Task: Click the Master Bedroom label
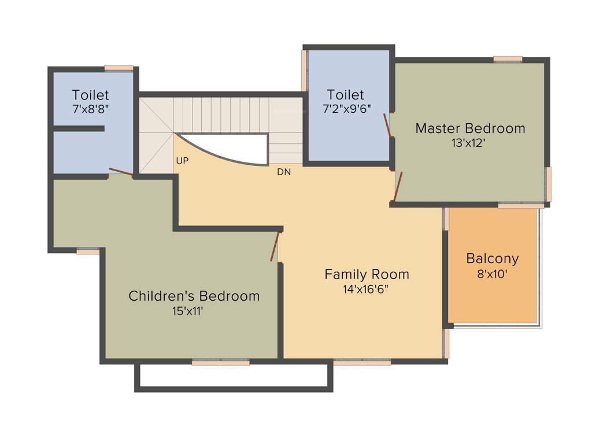(470, 128)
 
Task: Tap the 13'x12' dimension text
(468, 143)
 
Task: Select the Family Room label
(367, 274)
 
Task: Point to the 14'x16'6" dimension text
(365, 289)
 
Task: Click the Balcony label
(493, 258)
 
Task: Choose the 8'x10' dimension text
(492, 274)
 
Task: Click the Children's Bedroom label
(194, 296)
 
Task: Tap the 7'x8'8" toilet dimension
(91, 108)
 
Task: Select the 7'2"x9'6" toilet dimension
(346, 108)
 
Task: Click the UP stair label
(182, 161)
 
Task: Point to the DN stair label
(283, 172)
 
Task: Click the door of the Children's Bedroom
(275, 246)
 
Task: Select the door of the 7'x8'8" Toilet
(120, 171)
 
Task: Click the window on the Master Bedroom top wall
(508, 58)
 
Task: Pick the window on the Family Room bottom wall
(362, 362)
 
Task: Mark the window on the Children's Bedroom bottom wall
(220, 362)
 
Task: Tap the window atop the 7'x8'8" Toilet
(119, 68)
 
